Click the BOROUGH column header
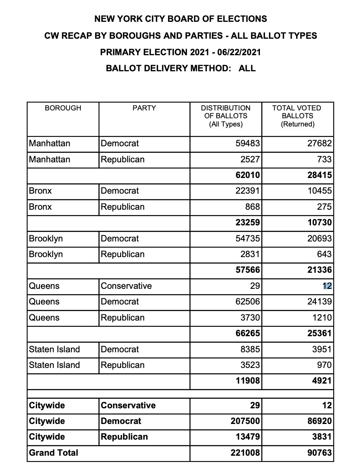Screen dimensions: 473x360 point(63,108)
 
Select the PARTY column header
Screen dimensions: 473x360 point(144,108)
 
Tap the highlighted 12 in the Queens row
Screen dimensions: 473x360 point(327,286)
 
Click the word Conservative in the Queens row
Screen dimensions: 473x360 point(126,286)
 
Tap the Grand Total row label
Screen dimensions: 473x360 point(54,453)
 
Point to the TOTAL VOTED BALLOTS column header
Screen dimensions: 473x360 point(297,116)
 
